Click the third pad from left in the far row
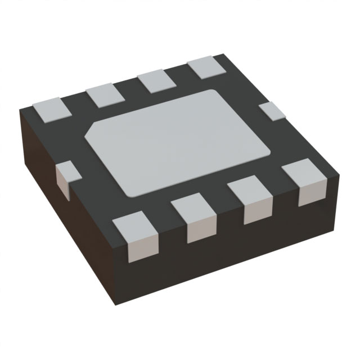point(155,81)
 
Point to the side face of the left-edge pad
point(61,181)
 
